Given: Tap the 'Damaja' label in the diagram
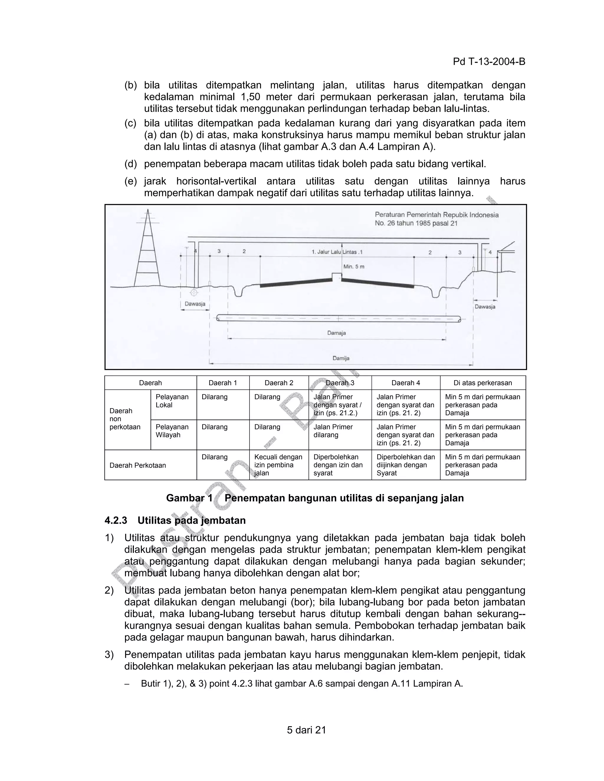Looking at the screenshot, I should coord(336,333).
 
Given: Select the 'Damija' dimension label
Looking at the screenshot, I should coord(341,358).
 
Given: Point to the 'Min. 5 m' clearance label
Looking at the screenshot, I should coord(354,266).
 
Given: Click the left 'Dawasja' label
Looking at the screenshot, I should coord(195,304).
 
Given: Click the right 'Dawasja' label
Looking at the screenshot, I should coord(485,307).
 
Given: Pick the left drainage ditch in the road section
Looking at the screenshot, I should coord(238,291).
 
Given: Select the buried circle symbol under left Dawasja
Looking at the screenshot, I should coord(194,293).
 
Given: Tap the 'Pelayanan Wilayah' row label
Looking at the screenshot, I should coord(168,431).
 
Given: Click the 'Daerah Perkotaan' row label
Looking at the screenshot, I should coord(138,465).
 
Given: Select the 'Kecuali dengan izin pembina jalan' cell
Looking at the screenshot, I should coord(278,465).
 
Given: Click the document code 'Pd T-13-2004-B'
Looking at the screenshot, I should coord(489,62).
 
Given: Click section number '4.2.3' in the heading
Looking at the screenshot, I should coord(116,520).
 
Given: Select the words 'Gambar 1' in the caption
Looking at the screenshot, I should coord(189,498).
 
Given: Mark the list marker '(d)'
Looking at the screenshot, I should coord(131,164).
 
